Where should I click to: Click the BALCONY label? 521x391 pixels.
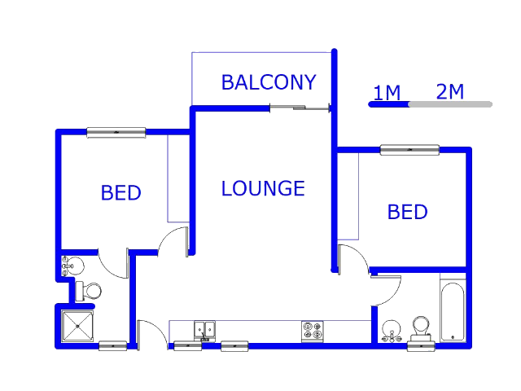pyautogui.click(x=269, y=82)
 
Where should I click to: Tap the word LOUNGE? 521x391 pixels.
pyautogui.click(x=263, y=188)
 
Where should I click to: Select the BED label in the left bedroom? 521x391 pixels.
pyautogui.click(x=121, y=192)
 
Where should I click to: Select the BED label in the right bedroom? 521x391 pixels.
pyautogui.click(x=407, y=212)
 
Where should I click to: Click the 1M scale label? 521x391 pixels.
pyautogui.click(x=387, y=92)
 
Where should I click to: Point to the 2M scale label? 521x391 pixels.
pyautogui.click(x=450, y=91)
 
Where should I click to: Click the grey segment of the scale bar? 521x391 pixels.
pyautogui.click(x=450, y=104)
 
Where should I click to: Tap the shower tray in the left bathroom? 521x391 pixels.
pyautogui.click(x=77, y=326)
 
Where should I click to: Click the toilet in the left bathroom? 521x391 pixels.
pyautogui.click(x=89, y=292)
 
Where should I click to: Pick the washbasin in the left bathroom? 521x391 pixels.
pyautogui.click(x=72, y=266)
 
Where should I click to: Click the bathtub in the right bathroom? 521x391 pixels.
pyautogui.click(x=453, y=311)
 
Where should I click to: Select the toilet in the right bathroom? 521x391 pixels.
pyautogui.click(x=421, y=329)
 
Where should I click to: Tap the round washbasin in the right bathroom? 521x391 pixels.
pyautogui.click(x=392, y=331)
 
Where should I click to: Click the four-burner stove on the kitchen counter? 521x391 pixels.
pyautogui.click(x=313, y=332)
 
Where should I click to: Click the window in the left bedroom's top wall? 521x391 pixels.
pyautogui.click(x=116, y=132)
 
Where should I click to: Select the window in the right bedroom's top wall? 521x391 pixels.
pyautogui.click(x=409, y=150)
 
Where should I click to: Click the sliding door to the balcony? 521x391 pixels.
pyautogui.click(x=300, y=108)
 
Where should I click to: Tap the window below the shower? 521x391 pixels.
pyautogui.click(x=113, y=346)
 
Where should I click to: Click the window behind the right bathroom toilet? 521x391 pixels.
pyautogui.click(x=422, y=346)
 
